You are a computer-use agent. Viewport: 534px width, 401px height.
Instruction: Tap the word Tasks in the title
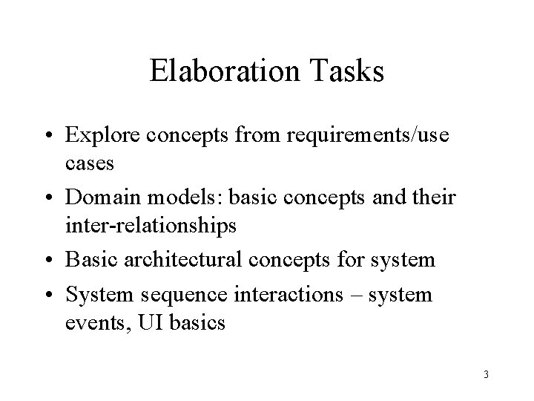[x=346, y=72]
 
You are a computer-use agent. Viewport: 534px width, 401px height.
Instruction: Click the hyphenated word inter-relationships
[x=152, y=224]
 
